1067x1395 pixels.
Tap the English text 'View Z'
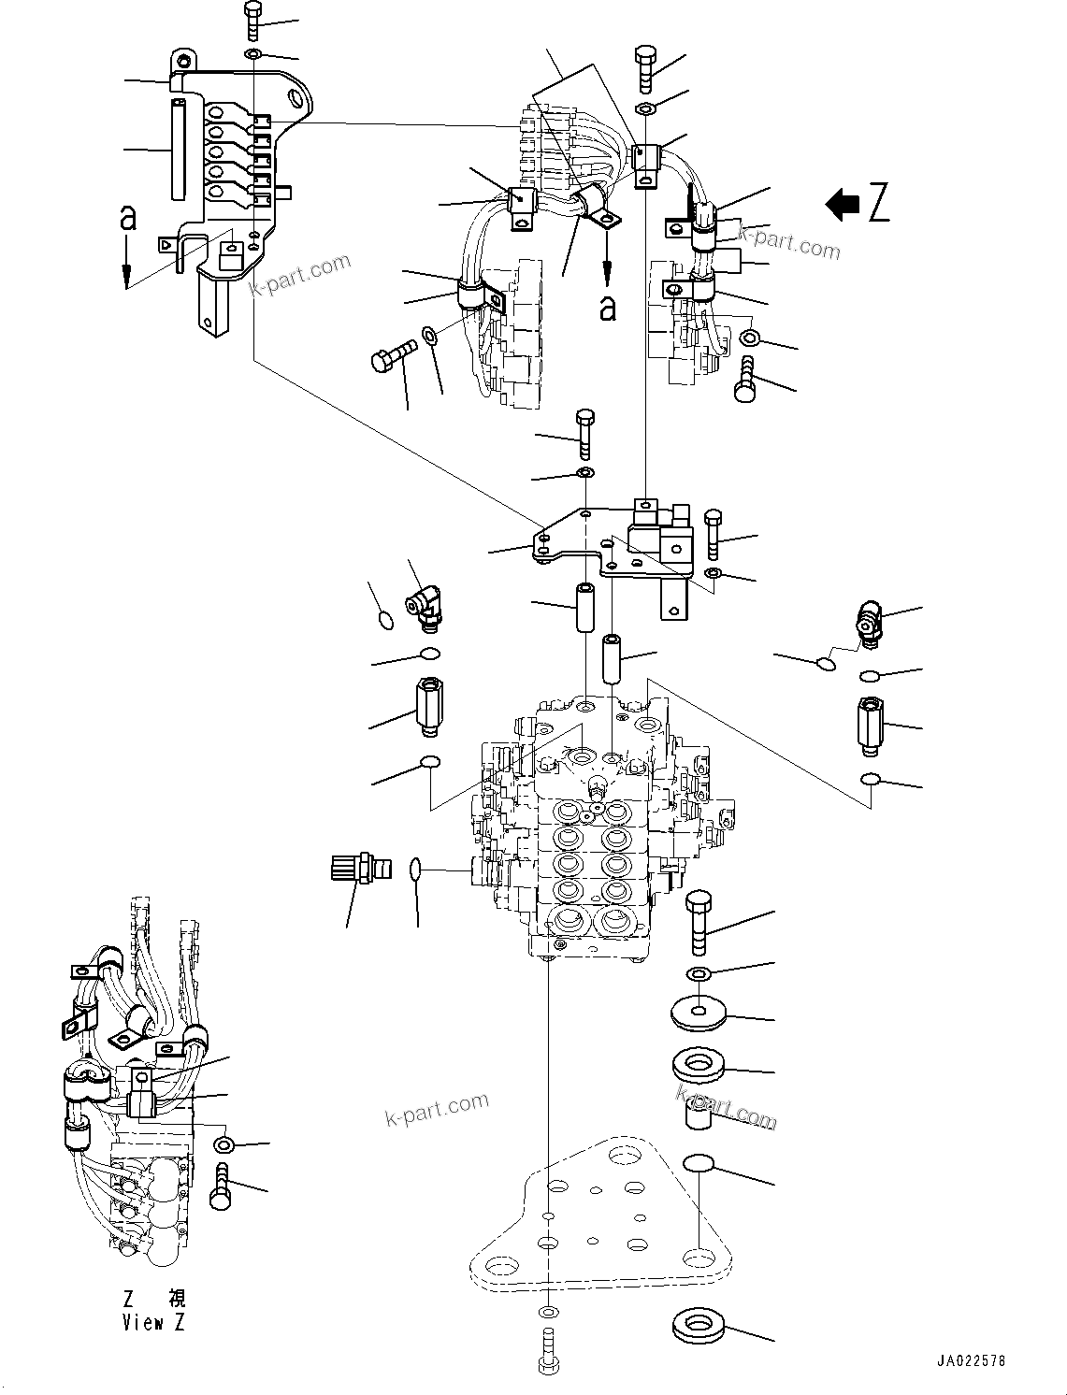click(155, 1322)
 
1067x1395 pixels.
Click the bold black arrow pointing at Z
click(843, 204)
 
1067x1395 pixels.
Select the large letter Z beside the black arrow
click(877, 204)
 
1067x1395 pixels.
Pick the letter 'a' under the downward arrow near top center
click(608, 308)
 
